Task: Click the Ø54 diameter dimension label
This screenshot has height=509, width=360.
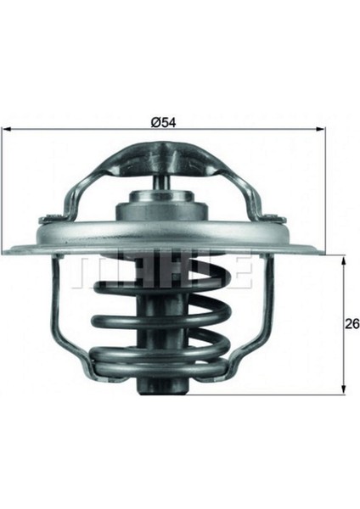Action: click(163, 122)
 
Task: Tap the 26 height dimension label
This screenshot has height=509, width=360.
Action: click(352, 323)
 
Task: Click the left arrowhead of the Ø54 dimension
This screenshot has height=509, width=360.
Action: click(7, 129)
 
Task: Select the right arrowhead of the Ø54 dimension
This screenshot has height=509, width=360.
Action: click(321, 129)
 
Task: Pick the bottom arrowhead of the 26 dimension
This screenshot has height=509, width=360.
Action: click(343, 390)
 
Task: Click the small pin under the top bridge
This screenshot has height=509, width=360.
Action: click(161, 184)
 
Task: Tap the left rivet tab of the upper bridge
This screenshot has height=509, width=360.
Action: click(51, 220)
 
